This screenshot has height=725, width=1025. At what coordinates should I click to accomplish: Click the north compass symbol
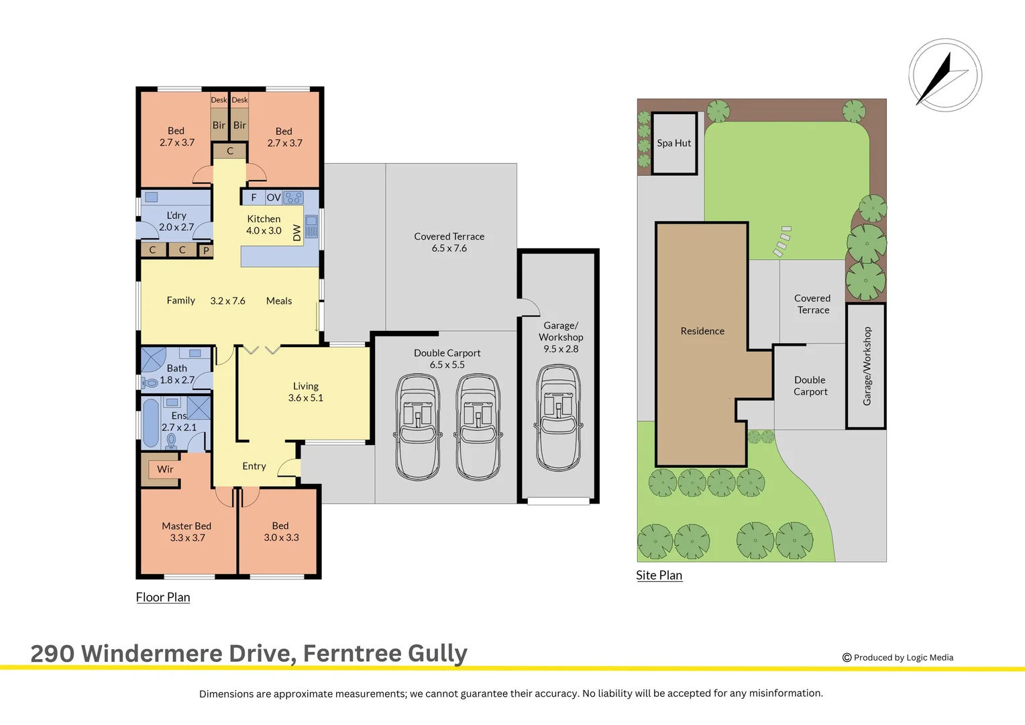tap(945, 75)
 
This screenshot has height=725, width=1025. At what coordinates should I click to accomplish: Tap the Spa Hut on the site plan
tap(674, 144)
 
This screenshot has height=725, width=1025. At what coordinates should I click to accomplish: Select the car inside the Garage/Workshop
tap(559, 418)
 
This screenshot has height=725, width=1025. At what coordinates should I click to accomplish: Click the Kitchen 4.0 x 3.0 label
tap(264, 225)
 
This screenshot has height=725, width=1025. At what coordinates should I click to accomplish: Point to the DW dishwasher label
tap(297, 233)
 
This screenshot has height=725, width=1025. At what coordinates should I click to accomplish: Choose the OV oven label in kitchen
tap(274, 197)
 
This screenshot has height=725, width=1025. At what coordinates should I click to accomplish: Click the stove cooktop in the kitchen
tap(293, 197)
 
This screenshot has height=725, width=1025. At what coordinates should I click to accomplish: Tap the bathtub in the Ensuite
tap(151, 423)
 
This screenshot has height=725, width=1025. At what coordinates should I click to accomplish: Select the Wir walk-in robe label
tap(165, 469)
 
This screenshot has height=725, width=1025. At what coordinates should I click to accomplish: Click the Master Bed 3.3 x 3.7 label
tap(186, 532)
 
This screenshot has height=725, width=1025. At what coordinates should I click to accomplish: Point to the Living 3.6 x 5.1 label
tap(305, 392)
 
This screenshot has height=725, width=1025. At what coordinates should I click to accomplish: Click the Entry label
tap(254, 466)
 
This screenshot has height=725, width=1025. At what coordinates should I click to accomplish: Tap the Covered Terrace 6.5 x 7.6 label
tap(449, 242)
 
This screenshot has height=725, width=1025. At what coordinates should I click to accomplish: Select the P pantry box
tap(206, 250)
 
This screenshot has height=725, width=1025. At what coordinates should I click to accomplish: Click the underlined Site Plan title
tap(659, 575)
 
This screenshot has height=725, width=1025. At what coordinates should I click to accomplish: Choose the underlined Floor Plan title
tap(163, 597)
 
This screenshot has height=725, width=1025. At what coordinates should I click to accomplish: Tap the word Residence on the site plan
tap(702, 331)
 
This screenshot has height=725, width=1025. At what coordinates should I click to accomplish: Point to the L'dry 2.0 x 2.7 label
tap(176, 222)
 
